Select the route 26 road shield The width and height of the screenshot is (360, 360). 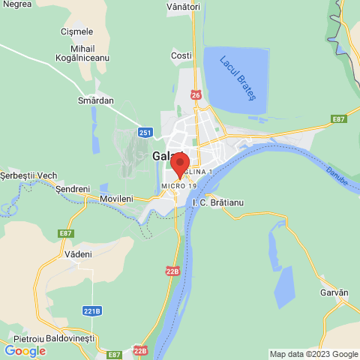pos(196,95)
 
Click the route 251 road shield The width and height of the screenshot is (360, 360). pos(145,133)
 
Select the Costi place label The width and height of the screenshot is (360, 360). pos(181,55)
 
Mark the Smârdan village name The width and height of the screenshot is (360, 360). pos(95,100)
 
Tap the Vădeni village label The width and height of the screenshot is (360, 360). pos(78,254)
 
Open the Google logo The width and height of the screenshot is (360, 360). pos(25,351)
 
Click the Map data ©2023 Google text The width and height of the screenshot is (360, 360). pos(313,354)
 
